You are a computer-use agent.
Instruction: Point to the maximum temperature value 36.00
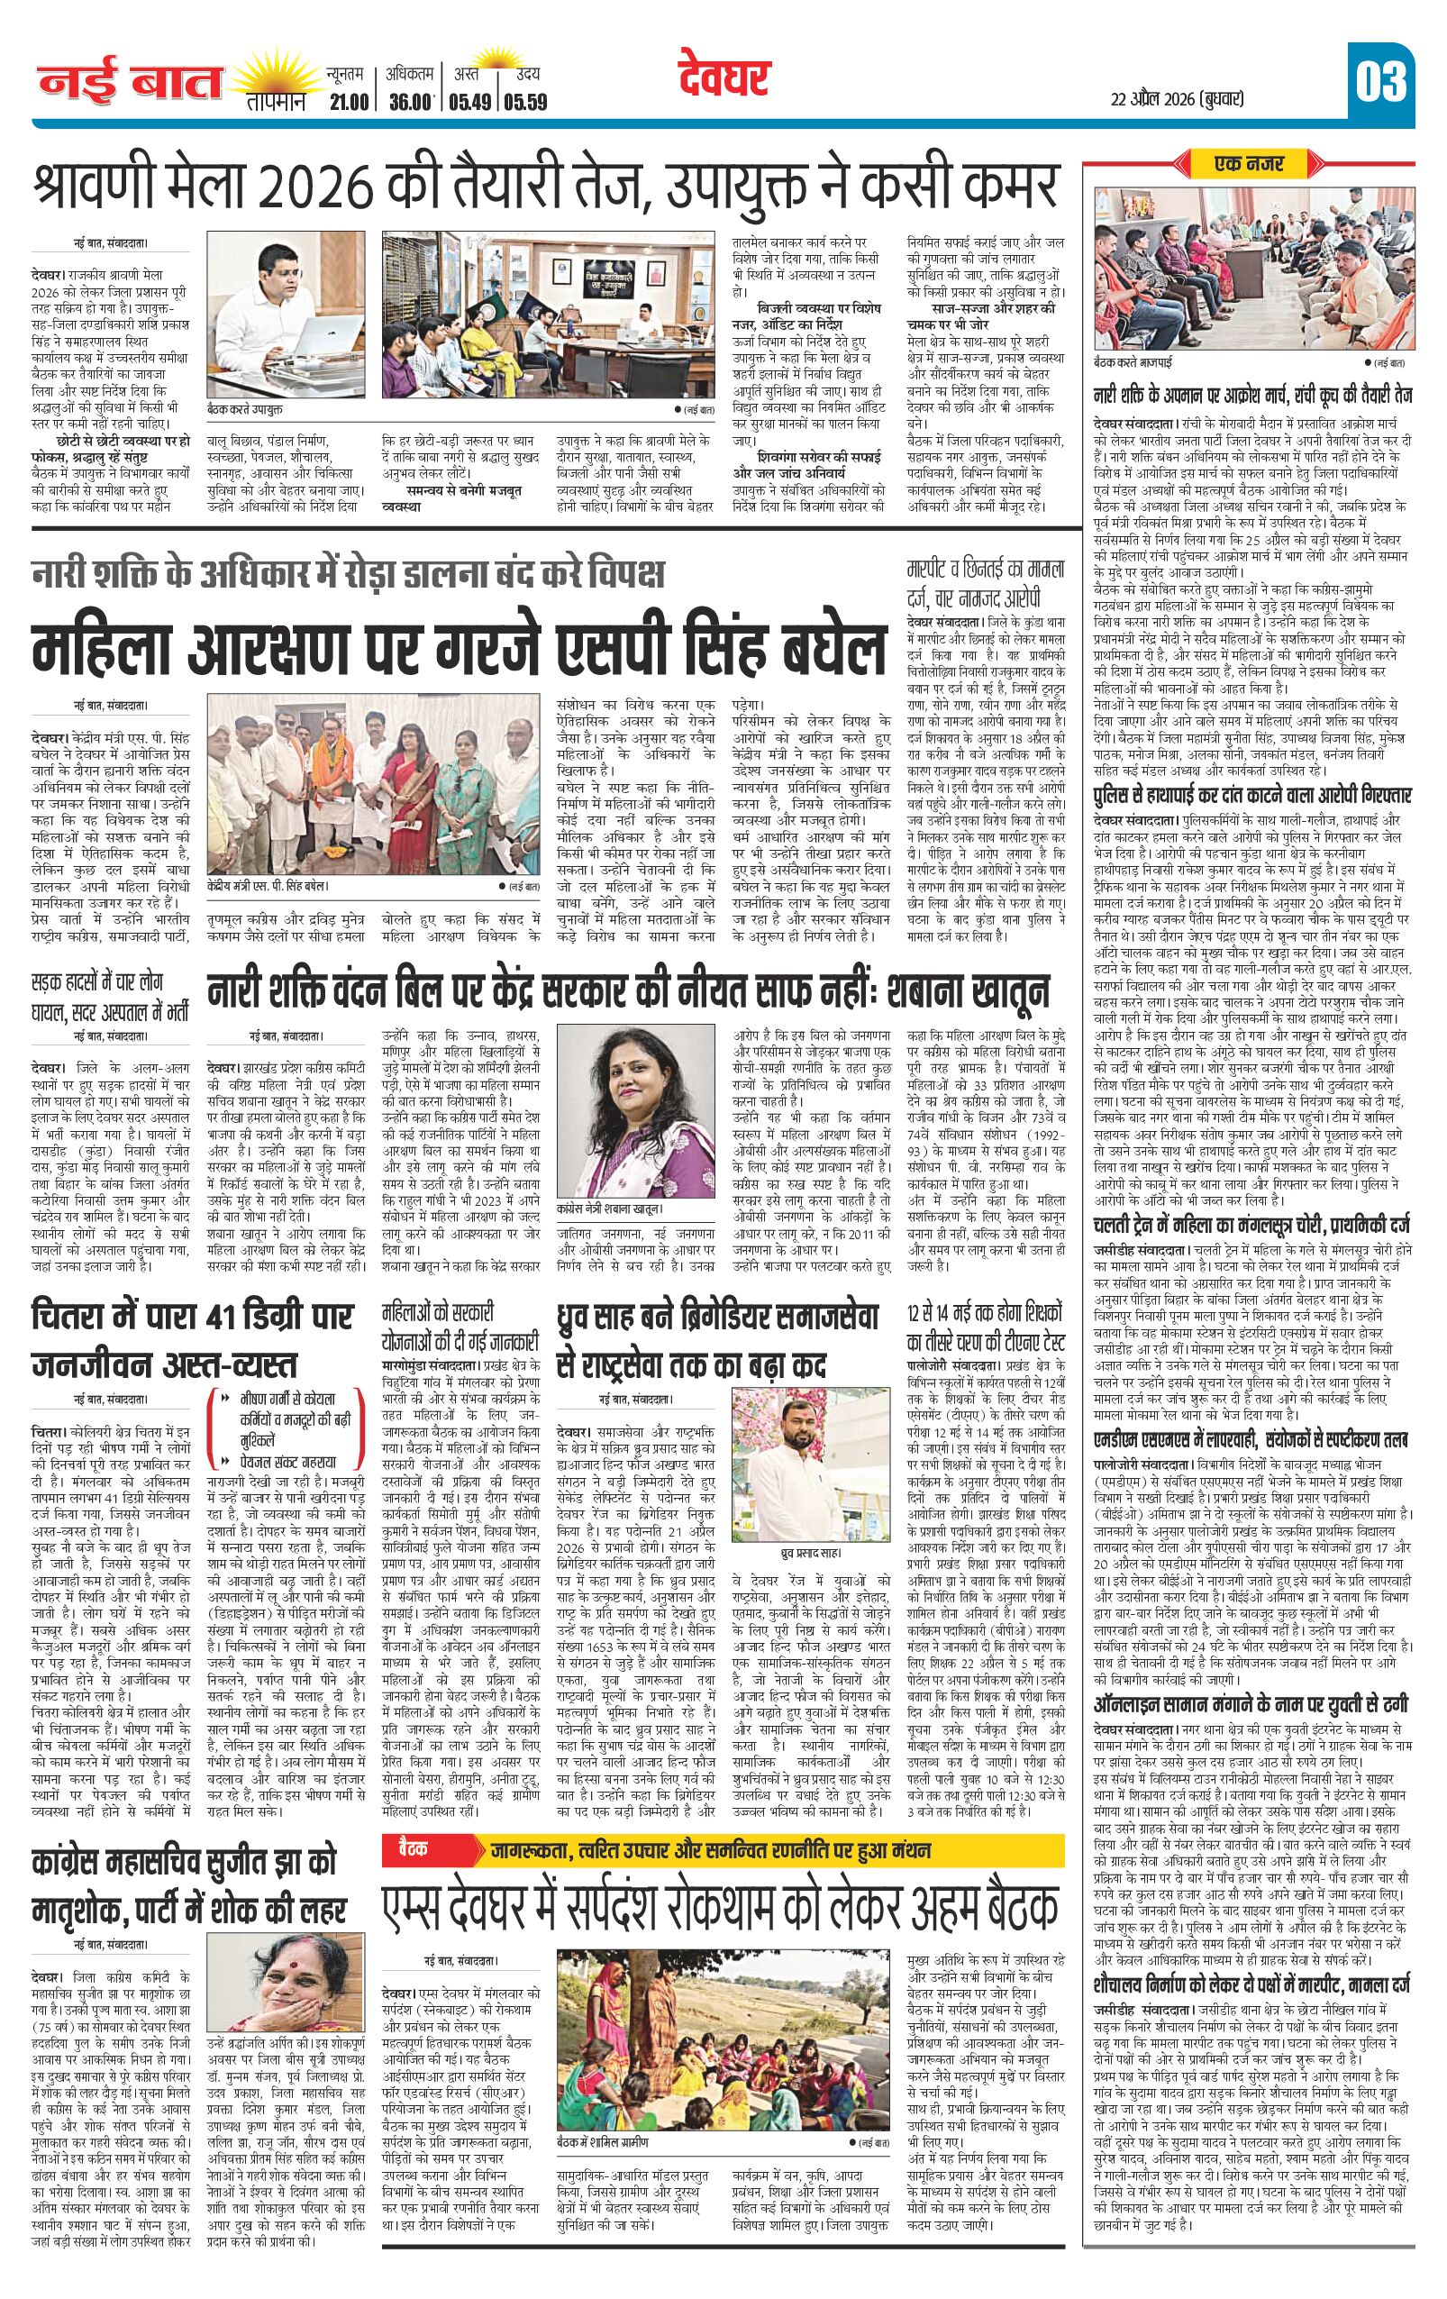pyautogui.click(x=411, y=102)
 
